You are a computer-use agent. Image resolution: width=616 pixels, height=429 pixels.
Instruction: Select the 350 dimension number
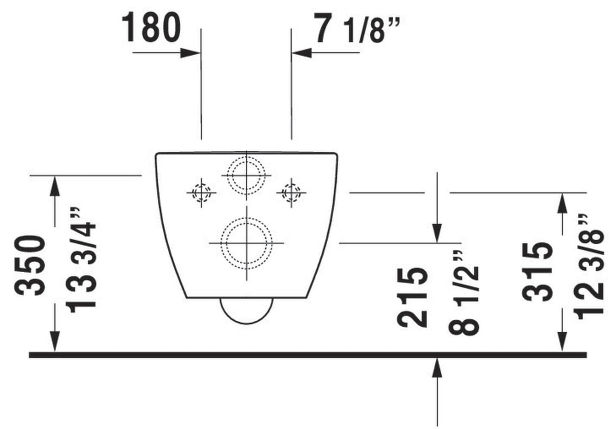[30, 265]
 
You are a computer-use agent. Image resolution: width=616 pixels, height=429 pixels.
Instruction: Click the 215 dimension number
[412, 297]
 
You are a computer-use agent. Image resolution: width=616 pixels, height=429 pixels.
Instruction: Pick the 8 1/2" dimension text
[464, 293]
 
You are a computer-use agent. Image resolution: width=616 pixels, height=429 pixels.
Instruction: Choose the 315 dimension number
[537, 272]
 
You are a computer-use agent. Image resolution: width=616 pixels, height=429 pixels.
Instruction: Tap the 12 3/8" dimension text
[588, 267]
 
